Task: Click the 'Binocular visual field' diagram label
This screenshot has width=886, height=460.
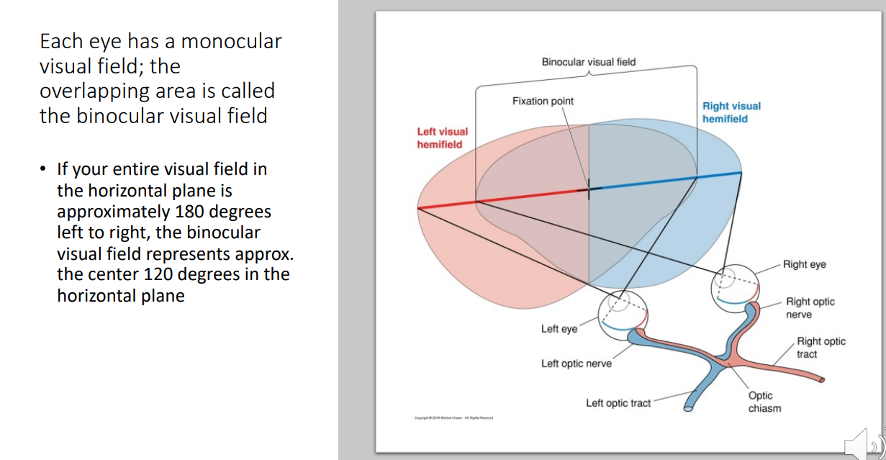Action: [588, 62]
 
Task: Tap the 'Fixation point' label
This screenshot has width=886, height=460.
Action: [543, 102]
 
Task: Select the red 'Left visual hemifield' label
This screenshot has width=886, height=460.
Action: [442, 138]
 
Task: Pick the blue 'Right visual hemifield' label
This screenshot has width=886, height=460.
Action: [731, 112]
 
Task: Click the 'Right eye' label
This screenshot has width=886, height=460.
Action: [805, 264]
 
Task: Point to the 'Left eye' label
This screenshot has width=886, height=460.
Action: [559, 329]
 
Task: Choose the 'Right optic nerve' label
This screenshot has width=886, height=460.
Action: [810, 308]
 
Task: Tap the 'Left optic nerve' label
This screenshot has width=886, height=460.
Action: [576, 364]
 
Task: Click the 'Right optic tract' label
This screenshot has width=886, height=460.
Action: [821, 348]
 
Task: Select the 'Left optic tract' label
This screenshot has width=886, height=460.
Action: [618, 403]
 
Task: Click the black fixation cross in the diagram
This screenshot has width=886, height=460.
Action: [589, 190]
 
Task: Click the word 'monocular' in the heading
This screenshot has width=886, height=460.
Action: [231, 42]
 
